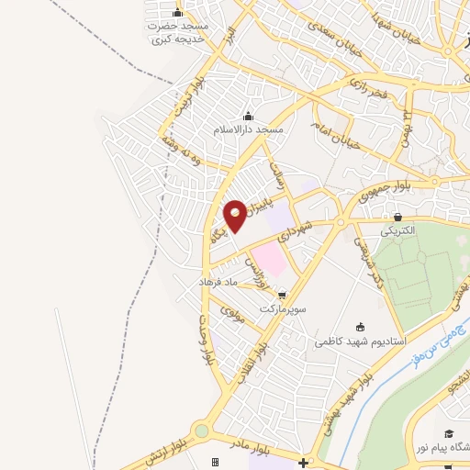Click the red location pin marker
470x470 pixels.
point(235,216)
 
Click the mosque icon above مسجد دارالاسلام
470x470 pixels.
point(247,116)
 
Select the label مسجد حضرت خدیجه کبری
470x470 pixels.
point(180,34)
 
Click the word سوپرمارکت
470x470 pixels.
point(281,309)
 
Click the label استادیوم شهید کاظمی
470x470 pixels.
point(360,341)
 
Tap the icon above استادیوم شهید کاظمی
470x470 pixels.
point(360,326)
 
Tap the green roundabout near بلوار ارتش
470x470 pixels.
point(202,431)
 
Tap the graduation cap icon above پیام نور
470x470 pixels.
point(449,433)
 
